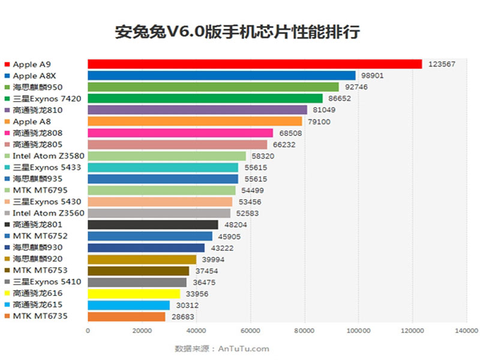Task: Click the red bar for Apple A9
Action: click(x=254, y=64)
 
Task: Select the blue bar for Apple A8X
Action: click(x=221, y=76)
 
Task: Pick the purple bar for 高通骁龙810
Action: click(x=197, y=110)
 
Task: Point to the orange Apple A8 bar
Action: click(x=195, y=121)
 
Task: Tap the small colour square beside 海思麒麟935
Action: click(x=7, y=179)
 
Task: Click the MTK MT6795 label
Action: click(x=38, y=190)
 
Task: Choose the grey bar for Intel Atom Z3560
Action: click(x=159, y=213)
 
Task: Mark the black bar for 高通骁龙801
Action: click(x=153, y=224)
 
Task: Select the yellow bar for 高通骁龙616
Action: click(x=134, y=293)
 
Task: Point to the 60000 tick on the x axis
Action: click(x=250, y=330)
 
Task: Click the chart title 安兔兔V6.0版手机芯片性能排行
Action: click(x=238, y=32)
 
